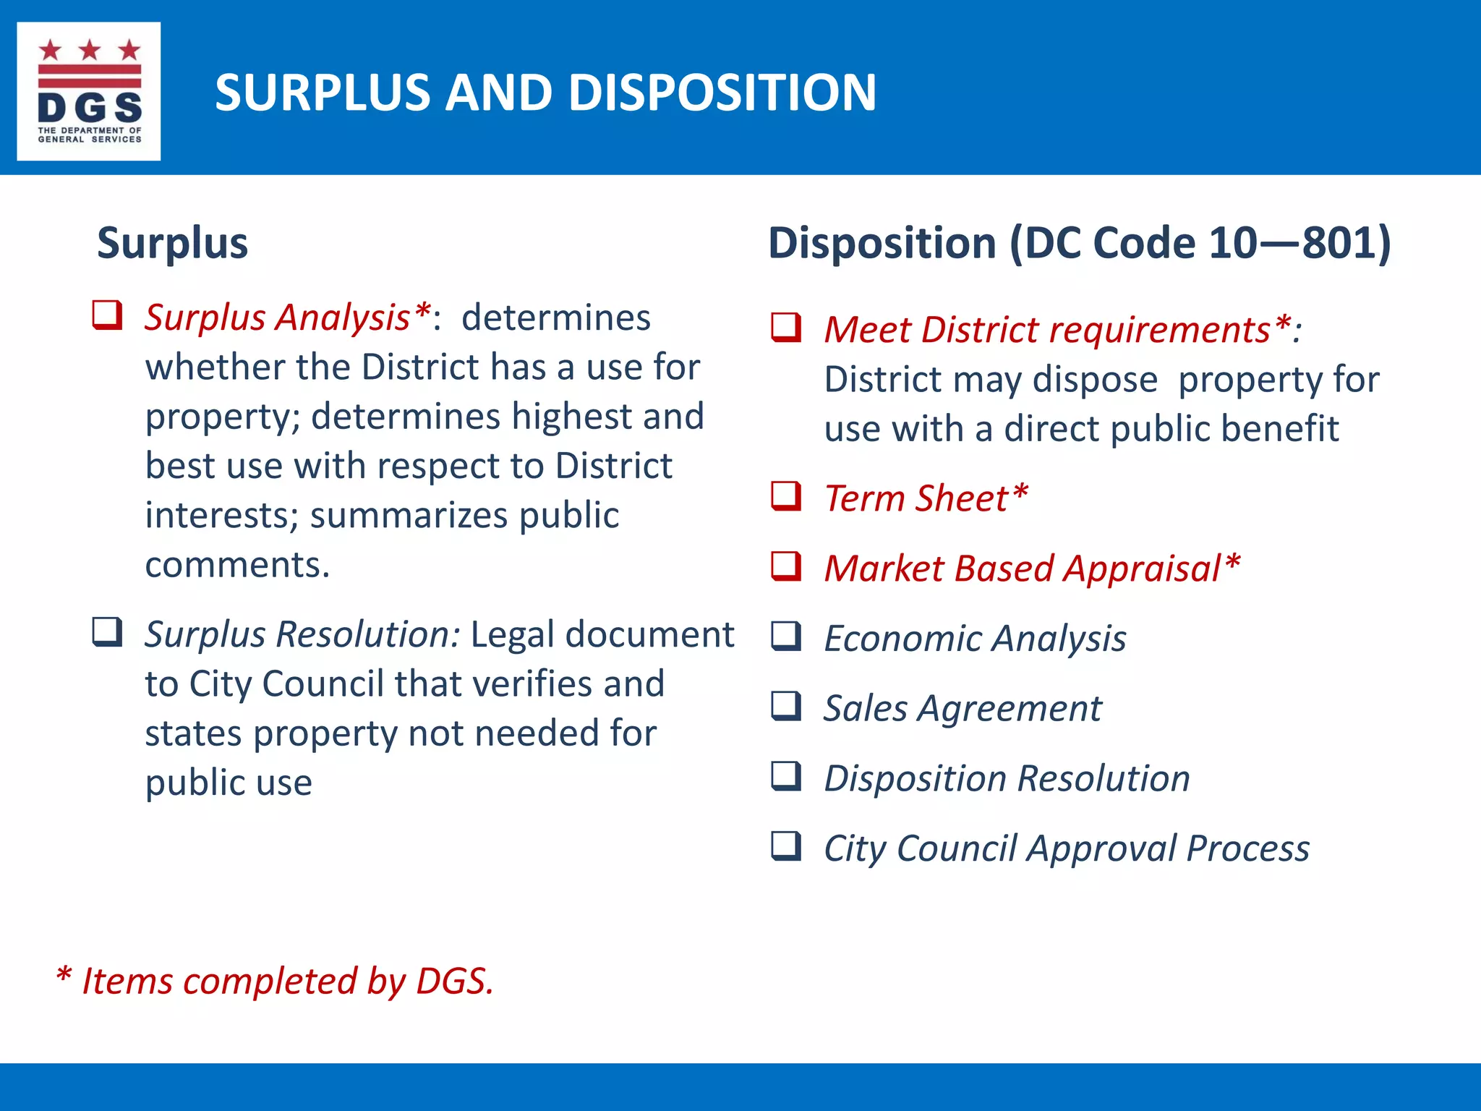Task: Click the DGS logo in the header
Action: (89, 91)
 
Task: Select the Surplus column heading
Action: (172, 243)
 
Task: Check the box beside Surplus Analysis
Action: (107, 315)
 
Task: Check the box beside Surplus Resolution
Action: (107, 631)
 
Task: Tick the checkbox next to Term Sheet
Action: (786, 496)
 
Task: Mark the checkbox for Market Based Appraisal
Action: (786, 566)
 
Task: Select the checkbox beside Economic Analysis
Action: (786, 637)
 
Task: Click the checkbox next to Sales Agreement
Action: (786, 706)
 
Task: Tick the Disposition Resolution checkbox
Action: (786, 776)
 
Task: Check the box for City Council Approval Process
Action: (786, 846)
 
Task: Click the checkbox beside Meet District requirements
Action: (786, 328)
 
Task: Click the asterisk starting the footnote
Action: (64, 976)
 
